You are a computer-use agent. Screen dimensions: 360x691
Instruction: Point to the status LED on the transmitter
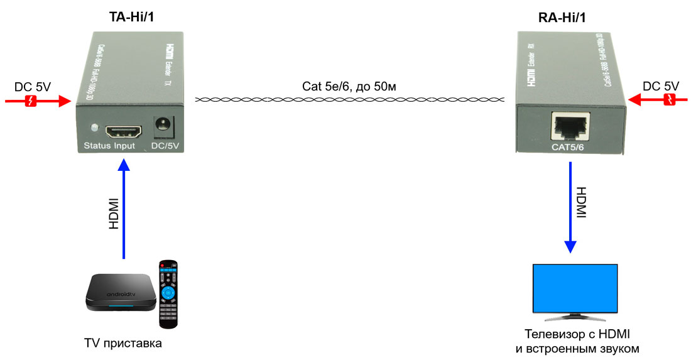94,129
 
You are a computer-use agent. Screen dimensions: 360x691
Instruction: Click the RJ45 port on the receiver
569,127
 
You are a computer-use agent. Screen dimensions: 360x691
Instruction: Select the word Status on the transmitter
97,146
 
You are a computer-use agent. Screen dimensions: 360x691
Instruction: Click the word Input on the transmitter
124,146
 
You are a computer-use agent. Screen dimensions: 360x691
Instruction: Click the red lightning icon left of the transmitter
30,100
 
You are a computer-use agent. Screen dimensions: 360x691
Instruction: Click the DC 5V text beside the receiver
660,85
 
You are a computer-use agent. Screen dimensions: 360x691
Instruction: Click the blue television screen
575,286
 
